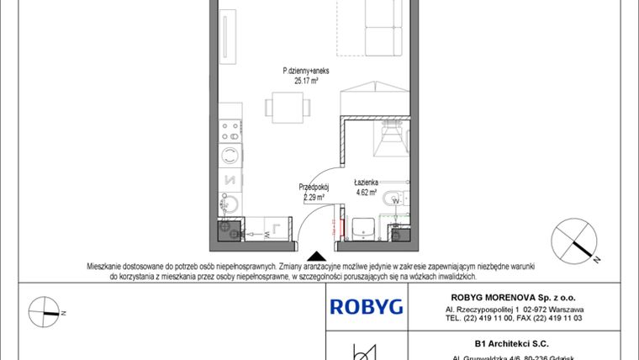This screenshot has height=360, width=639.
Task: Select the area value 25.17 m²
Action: (305, 82)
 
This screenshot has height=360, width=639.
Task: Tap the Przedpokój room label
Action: (313, 188)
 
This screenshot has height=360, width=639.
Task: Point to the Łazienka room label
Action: (366, 182)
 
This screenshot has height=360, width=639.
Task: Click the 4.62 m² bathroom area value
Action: (366, 192)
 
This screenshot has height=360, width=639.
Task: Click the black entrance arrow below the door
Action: (316, 256)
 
